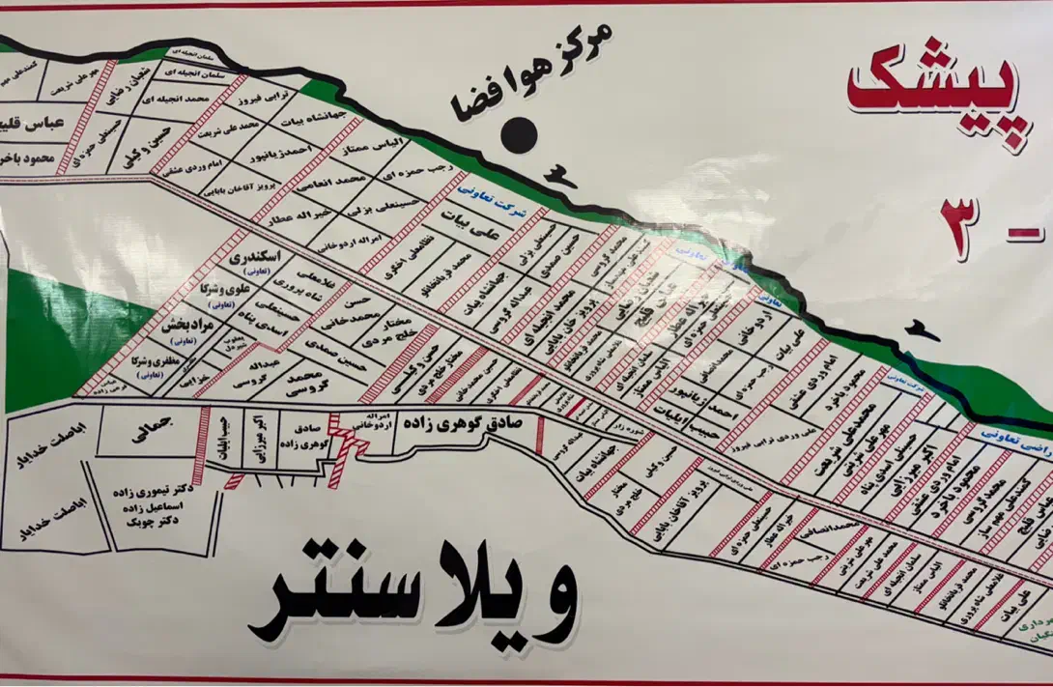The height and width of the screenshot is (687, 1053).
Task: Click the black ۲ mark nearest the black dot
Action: coord(557,175)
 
